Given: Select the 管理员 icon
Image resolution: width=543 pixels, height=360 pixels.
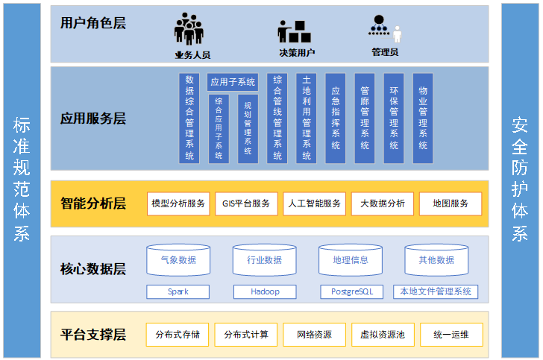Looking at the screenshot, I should coord(384,29).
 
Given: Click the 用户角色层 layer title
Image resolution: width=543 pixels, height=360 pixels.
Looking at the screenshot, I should coord(93,23).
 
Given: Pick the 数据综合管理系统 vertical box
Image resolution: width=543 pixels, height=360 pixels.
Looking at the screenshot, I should coord(189,118).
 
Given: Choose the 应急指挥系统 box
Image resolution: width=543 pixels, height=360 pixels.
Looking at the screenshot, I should coord(336,118).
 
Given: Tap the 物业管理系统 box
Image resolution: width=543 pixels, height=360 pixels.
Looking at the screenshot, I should coord(423,118).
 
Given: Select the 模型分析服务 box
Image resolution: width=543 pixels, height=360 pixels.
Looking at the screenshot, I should coord(178,203).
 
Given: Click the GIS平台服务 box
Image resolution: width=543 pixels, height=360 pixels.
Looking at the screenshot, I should coord(246,203).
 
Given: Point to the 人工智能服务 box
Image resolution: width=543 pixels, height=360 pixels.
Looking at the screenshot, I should coord(314,203).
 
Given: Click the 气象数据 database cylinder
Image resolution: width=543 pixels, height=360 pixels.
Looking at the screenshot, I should coord(178,260).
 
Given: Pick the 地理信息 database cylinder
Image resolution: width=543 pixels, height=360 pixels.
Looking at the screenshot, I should coord(350,260).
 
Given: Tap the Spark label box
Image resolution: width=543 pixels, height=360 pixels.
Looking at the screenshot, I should coord(178,291).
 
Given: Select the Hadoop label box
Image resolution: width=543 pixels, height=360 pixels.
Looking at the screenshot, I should coord(265,291).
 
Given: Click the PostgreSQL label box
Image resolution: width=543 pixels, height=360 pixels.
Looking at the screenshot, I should coord(351,291).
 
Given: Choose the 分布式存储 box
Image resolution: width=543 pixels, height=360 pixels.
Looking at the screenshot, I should coord(178,335).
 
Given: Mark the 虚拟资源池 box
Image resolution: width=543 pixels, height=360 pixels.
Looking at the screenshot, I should coord(383,335).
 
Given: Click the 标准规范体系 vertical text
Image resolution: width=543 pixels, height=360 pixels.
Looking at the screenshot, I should coord(21,179).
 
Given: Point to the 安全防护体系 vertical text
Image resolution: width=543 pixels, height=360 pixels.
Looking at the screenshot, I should coord(520,179).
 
